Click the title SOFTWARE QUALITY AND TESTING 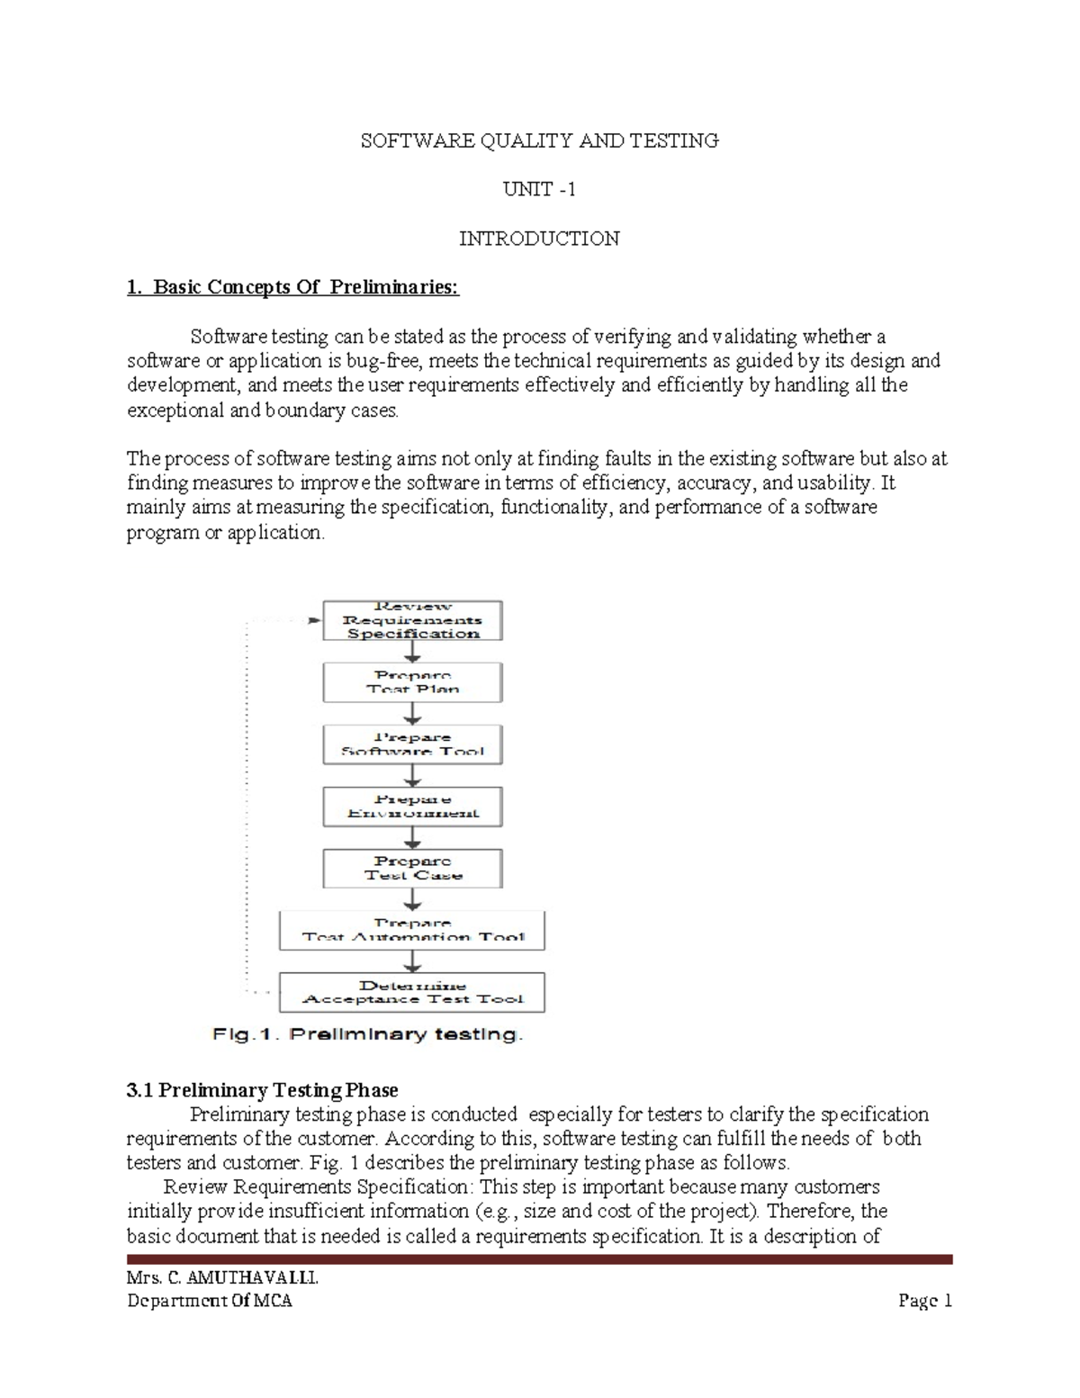tap(539, 140)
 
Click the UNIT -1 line tap(539, 189)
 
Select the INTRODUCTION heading tap(539, 239)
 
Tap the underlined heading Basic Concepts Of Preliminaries tap(293, 287)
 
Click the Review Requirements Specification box tap(412, 620)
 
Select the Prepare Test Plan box tap(412, 682)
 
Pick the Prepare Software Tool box tap(412, 744)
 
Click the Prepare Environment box tap(412, 807)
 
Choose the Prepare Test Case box tap(412, 869)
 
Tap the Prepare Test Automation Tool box tap(412, 930)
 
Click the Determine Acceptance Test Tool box tap(412, 992)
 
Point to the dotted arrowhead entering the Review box tap(314, 620)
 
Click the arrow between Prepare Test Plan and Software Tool tap(412, 715)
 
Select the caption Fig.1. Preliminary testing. tap(367, 1034)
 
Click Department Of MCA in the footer tap(210, 1301)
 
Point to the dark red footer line tap(539, 1259)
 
